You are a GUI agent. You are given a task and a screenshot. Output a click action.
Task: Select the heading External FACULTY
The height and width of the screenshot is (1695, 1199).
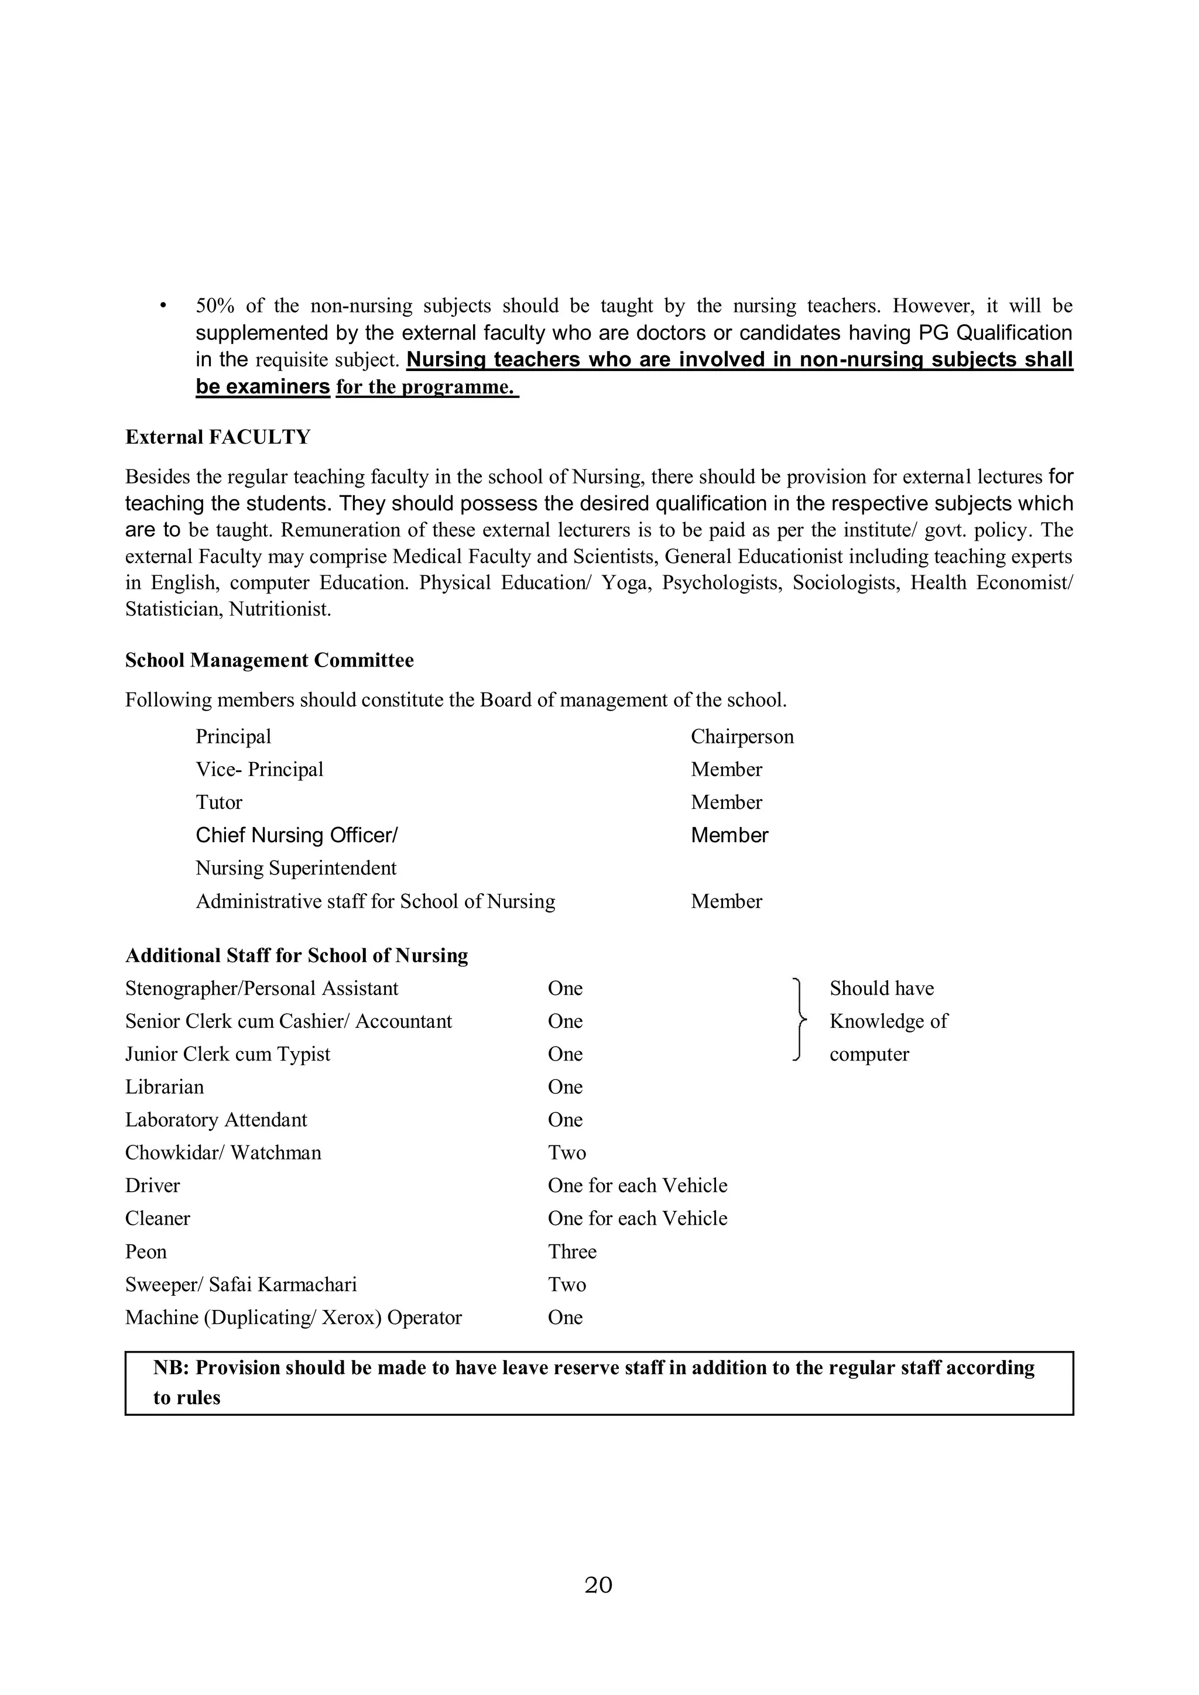click(x=218, y=437)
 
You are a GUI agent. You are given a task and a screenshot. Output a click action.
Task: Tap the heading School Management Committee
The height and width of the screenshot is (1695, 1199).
click(x=269, y=660)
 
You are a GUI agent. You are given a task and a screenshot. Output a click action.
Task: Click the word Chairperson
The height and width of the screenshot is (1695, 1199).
click(x=742, y=737)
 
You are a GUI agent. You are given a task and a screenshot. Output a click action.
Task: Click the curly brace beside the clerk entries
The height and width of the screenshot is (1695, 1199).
click(x=798, y=1020)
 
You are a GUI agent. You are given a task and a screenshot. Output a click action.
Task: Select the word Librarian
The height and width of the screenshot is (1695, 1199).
click(x=164, y=1087)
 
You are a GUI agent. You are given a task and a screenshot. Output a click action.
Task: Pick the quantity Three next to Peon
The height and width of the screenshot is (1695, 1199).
click(x=571, y=1251)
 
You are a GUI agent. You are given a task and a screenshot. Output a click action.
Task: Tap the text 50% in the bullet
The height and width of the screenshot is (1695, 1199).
click(x=215, y=306)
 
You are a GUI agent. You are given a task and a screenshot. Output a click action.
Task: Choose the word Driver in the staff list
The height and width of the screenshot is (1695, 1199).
click(x=152, y=1186)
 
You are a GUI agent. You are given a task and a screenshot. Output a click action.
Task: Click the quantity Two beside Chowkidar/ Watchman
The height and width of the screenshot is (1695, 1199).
click(x=566, y=1152)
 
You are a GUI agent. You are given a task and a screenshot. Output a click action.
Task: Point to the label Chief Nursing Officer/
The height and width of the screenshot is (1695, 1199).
click(x=296, y=835)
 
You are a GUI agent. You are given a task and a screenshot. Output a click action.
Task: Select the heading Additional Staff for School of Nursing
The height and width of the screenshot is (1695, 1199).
click(x=296, y=955)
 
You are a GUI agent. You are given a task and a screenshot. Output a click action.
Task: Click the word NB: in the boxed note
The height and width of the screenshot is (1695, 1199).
click(x=172, y=1368)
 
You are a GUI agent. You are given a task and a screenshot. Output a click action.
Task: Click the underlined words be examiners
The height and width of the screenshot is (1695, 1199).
click(x=262, y=387)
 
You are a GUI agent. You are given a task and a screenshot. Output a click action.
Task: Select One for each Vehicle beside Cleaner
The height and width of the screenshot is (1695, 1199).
click(x=637, y=1218)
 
